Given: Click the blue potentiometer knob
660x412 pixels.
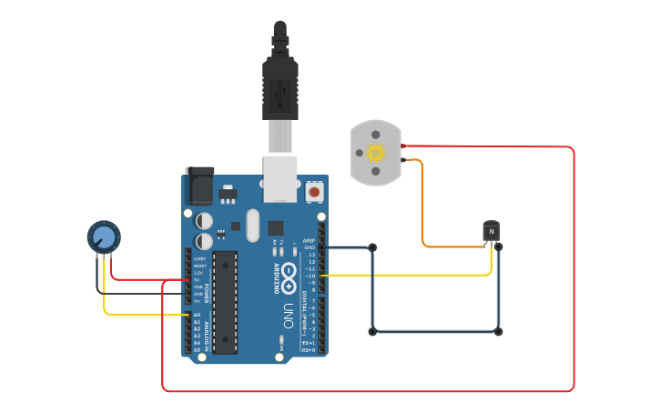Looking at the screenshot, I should point(104,237).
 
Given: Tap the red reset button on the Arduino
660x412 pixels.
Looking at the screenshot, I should point(314,192).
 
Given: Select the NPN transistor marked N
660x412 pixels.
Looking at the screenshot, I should point(492,232).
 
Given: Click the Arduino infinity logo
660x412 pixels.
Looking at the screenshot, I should point(289,270).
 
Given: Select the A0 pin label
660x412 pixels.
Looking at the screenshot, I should point(197,315).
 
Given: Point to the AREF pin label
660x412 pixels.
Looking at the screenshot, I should point(309,241).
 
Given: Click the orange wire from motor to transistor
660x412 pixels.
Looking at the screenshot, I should point(423,209).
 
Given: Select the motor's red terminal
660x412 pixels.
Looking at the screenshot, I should point(403,146).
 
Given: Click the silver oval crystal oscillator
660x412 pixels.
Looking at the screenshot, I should point(252,226).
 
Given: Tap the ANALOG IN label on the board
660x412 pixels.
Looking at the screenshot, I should point(208,334).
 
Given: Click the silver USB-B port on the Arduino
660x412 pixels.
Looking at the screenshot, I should point(280,177).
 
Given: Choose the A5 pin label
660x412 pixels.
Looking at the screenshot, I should point(197,349).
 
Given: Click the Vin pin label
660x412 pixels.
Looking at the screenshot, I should point(197,301).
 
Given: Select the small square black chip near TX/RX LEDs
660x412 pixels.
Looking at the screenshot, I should point(276,228).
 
